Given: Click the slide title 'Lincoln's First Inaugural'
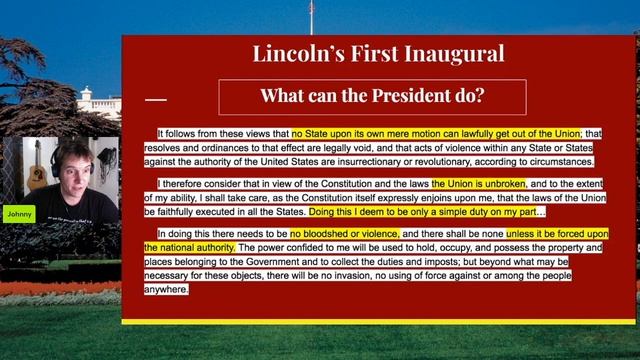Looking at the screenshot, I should (x=378, y=54).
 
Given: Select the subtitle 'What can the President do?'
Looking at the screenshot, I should (x=372, y=97).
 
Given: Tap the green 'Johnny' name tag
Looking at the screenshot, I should (x=18, y=213).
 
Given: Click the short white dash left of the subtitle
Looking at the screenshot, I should (x=156, y=99).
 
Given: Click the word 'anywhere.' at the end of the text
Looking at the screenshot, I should (x=166, y=289).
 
